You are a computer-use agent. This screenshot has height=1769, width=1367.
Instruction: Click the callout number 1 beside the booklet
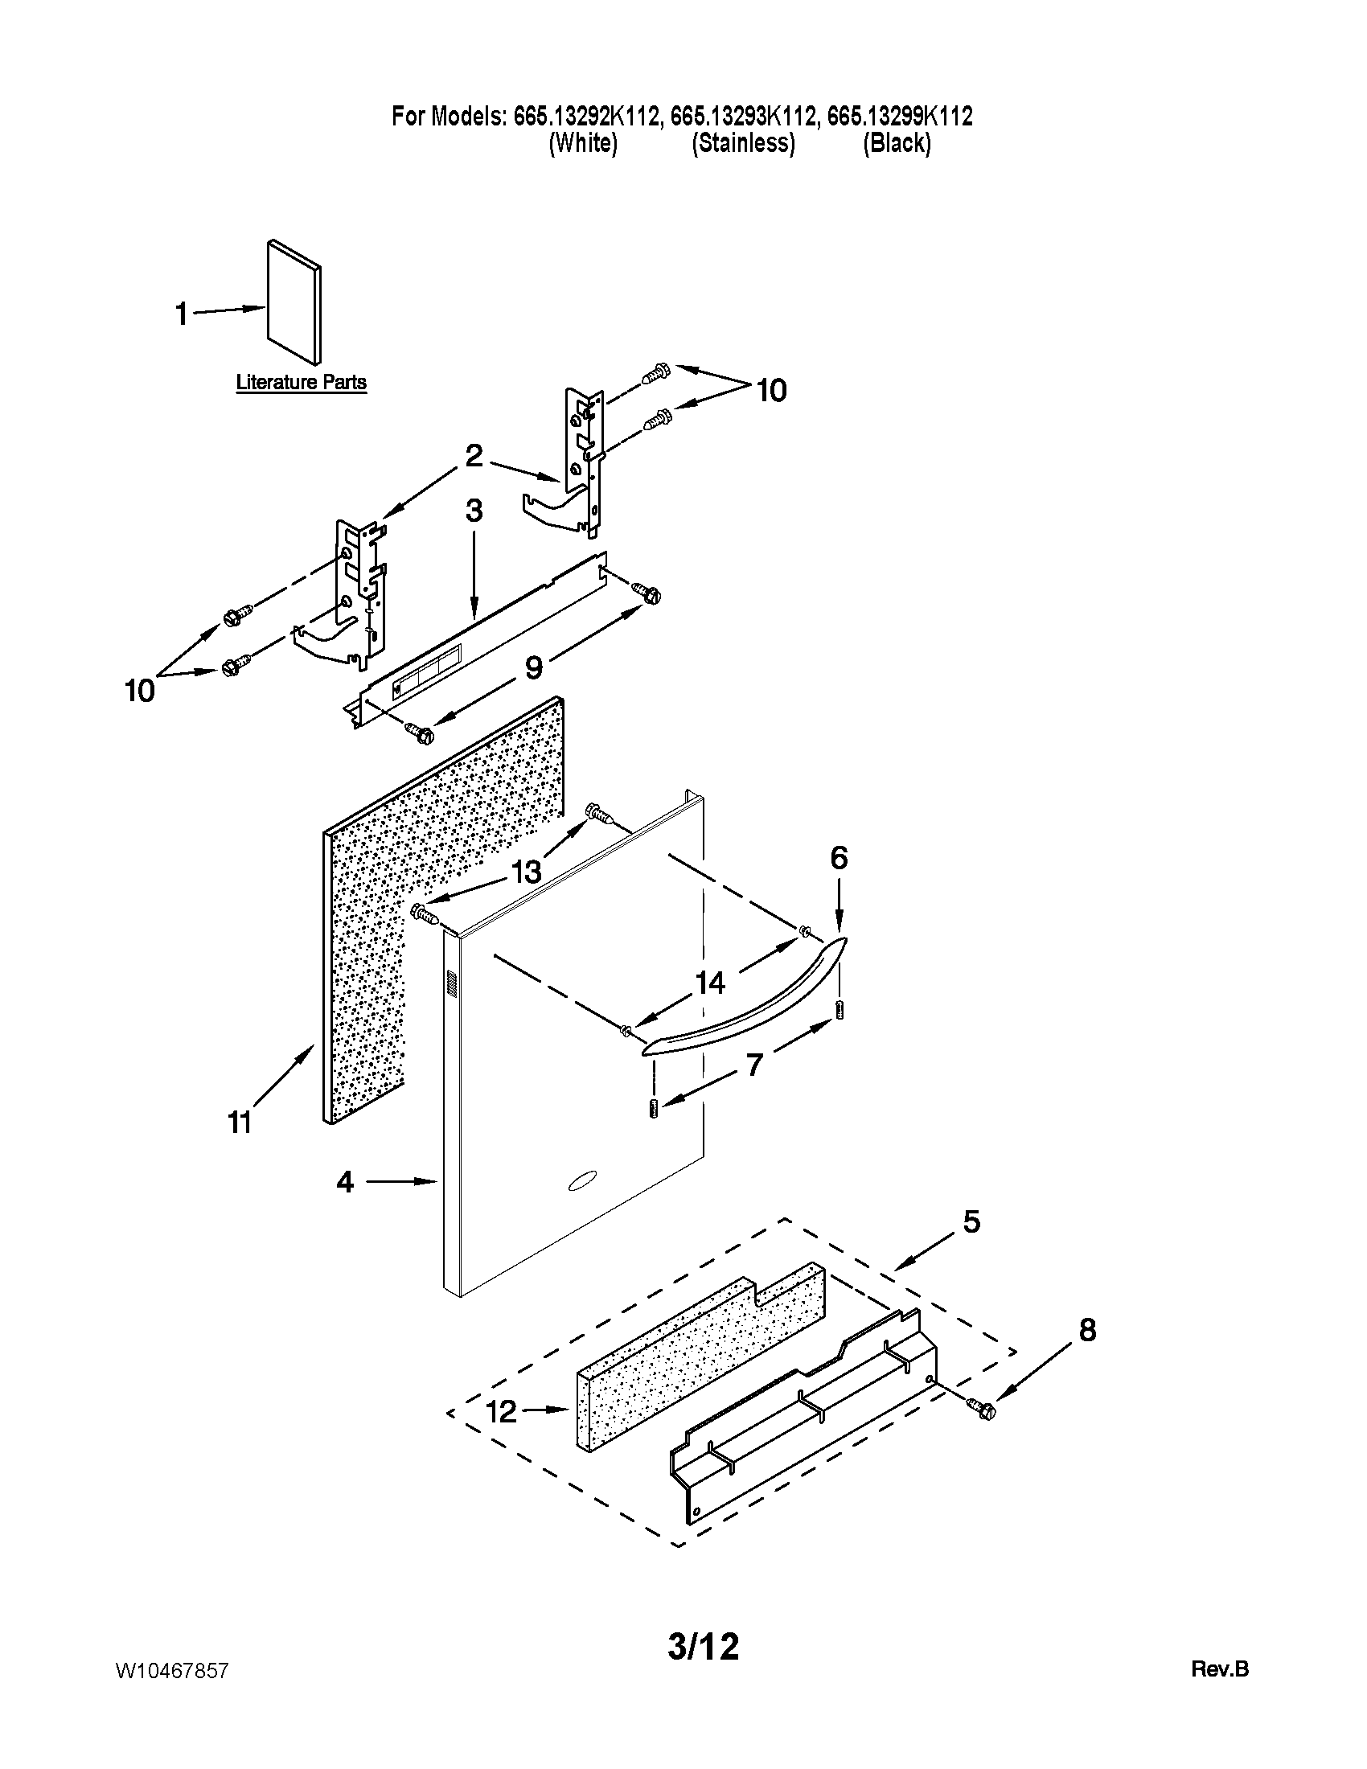click(x=183, y=314)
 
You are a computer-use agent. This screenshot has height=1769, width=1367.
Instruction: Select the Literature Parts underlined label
click(x=302, y=381)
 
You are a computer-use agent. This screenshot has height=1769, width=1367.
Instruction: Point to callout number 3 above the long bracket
click(x=474, y=511)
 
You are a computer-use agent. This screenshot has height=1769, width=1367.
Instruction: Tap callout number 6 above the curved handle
click(x=839, y=858)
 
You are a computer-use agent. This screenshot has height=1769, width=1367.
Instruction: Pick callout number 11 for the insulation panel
click(x=240, y=1123)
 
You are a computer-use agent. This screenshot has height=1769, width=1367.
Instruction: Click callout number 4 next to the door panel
click(x=346, y=1183)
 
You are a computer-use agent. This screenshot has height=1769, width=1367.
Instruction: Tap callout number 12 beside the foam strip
click(x=501, y=1412)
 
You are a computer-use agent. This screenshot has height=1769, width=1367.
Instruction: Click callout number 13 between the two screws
click(x=527, y=872)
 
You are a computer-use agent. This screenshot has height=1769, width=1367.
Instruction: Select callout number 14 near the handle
click(x=710, y=983)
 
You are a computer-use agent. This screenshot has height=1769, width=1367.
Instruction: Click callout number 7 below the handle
click(x=754, y=1066)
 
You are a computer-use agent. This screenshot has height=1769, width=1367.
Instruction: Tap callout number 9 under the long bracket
click(x=533, y=668)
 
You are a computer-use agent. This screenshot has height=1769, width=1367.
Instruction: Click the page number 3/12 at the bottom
click(x=703, y=1646)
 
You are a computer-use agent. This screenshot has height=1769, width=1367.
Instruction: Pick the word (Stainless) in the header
click(x=743, y=143)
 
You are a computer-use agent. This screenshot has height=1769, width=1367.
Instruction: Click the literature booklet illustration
click(x=294, y=302)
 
